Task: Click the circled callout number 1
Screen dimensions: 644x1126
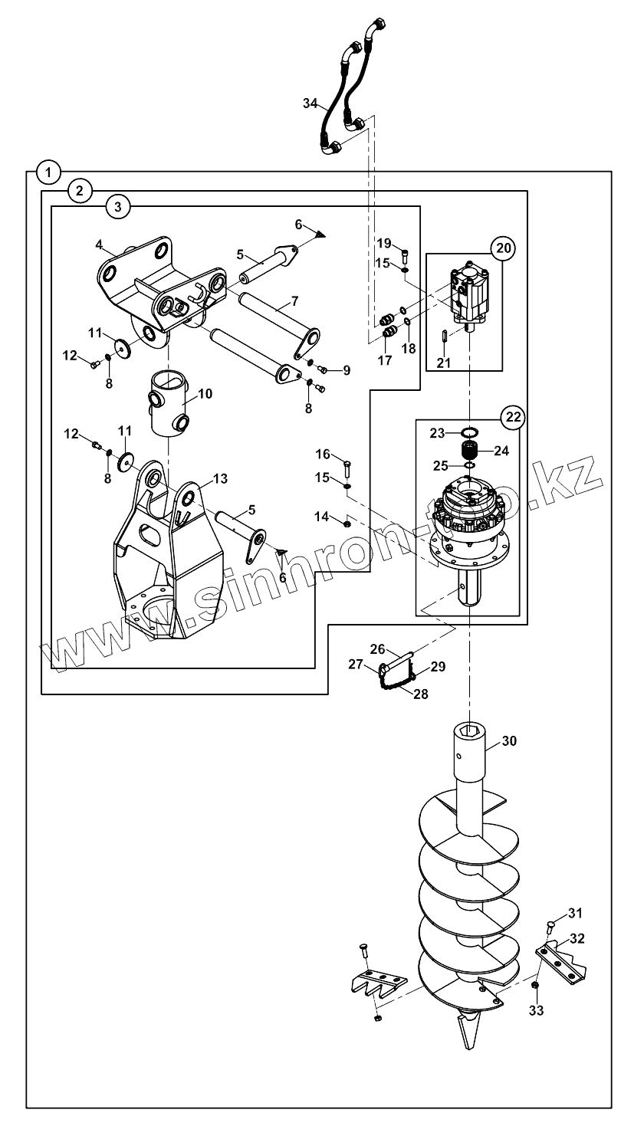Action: click(48, 173)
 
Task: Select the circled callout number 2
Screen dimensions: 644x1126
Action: click(79, 191)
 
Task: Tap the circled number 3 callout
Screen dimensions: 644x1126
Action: click(117, 207)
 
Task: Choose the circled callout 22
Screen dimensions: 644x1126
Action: click(514, 417)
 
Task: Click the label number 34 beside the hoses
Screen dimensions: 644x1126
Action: click(310, 103)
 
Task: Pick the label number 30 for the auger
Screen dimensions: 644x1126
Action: click(509, 740)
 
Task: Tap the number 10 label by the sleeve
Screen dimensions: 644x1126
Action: click(205, 393)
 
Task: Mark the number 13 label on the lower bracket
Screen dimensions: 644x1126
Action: click(220, 478)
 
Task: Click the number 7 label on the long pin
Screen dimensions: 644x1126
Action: click(294, 301)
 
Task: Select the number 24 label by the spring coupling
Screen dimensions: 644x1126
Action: click(501, 451)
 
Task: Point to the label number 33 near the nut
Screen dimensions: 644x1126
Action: click(537, 1010)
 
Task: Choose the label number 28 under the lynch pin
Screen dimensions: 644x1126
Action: click(420, 694)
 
